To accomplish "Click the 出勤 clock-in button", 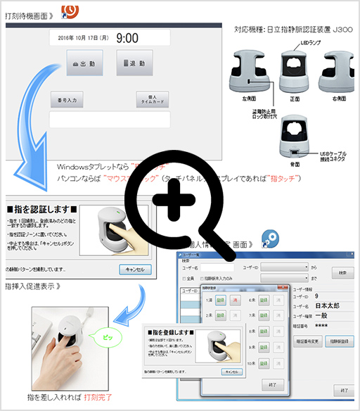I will (84, 63).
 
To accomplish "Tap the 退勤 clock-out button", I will (134, 63).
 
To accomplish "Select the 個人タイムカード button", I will (153, 100).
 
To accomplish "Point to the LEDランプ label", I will (291, 42).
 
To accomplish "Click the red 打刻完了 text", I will (99, 398).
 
